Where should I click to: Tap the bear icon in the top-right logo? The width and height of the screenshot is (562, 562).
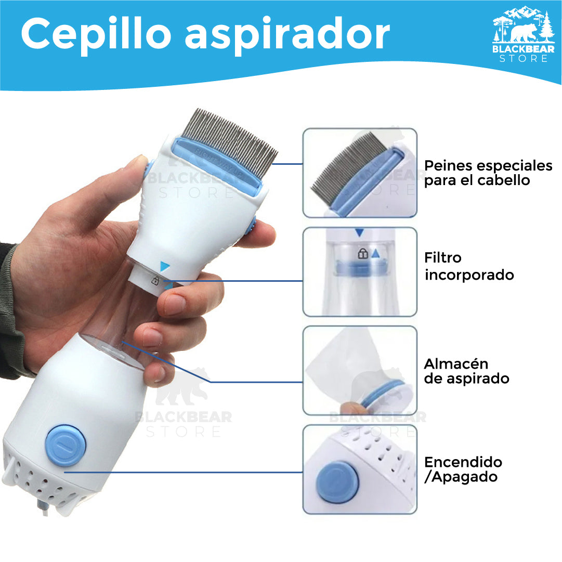click(x=521, y=32)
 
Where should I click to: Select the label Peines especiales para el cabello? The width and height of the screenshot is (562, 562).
click(x=488, y=173)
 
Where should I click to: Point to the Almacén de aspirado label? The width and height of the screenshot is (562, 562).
click(x=466, y=371)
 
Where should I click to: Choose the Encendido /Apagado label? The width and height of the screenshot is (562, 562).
click(x=463, y=469)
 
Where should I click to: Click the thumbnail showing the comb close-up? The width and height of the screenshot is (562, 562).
click(x=360, y=173)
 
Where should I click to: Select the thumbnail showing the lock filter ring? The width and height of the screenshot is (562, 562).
click(x=360, y=271)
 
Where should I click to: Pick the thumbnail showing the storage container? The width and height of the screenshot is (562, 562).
click(x=360, y=370)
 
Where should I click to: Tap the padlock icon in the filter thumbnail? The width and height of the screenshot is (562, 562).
click(x=362, y=254)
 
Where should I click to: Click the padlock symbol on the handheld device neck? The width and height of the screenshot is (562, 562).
click(x=155, y=281)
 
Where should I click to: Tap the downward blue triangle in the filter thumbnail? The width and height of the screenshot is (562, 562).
click(x=359, y=233)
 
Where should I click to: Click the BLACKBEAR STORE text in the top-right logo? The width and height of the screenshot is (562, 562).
click(x=524, y=54)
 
